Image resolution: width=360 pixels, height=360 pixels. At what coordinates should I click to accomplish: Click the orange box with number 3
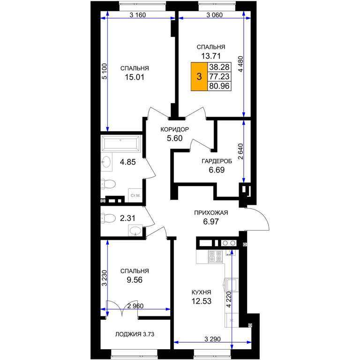point(199,76)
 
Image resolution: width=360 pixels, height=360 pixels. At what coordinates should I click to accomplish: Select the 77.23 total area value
point(219,76)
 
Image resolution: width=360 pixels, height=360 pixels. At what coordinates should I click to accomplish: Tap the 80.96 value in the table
point(219,86)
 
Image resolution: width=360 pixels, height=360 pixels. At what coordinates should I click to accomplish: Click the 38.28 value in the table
point(219,67)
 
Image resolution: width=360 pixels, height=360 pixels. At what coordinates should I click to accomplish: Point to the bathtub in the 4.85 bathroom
point(120,143)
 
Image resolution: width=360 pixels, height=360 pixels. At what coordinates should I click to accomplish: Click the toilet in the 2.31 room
point(108,217)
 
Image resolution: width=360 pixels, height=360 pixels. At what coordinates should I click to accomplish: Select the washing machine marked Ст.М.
point(135,195)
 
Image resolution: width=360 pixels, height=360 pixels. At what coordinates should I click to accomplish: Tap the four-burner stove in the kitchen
point(215,256)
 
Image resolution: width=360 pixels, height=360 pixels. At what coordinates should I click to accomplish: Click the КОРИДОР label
point(174,129)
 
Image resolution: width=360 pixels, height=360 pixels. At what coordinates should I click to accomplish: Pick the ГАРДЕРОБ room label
point(217,161)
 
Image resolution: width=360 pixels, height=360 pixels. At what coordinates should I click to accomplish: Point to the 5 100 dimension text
point(105,71)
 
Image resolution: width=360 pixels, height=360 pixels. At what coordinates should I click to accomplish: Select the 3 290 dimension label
point(213,338)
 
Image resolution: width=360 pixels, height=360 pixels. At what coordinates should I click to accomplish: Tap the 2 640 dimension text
point(240,151)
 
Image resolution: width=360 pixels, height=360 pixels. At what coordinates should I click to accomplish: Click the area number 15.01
point(135,77)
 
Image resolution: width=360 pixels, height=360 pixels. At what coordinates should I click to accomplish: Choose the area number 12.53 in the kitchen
point(202,301)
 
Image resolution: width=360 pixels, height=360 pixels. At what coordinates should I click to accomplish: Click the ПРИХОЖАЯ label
point(211,213)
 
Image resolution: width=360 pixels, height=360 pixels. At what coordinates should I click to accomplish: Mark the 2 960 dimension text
point(135,306)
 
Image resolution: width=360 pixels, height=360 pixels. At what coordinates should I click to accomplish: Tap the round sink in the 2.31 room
point(135,230)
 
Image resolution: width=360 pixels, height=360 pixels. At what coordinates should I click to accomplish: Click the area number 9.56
point(135,280)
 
